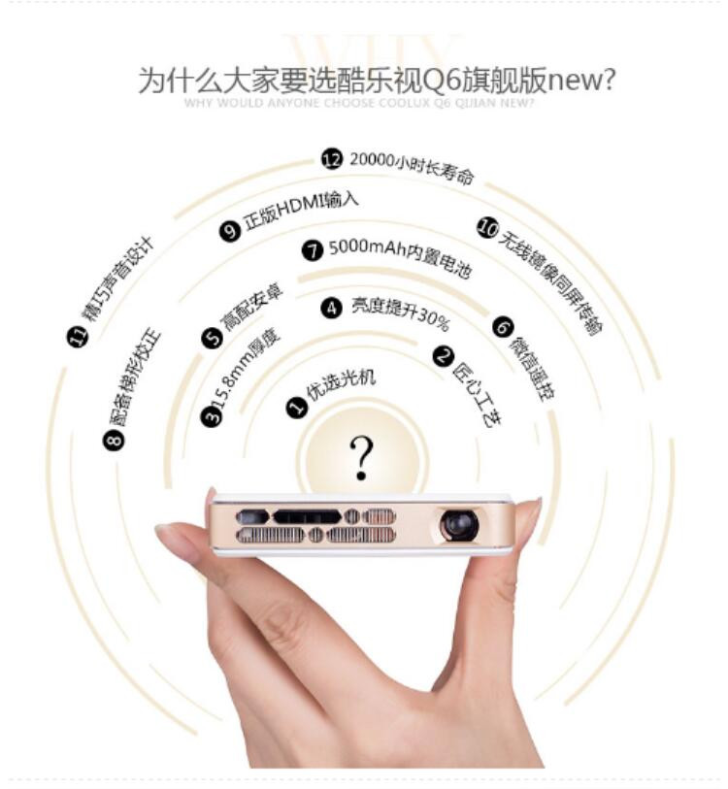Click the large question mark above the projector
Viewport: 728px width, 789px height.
tap(361, 456)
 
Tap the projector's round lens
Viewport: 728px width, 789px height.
tap(459, 525)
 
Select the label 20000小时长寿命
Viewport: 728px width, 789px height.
tap(412, 168)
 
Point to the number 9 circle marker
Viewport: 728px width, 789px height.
tap(230, 231)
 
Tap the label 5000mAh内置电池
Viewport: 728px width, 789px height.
tap(399, 258)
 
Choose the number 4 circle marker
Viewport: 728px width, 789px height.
tap(332, 308)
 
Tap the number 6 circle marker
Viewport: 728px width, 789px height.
tap(502, 327)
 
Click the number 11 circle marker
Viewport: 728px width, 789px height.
tap(79, 337)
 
